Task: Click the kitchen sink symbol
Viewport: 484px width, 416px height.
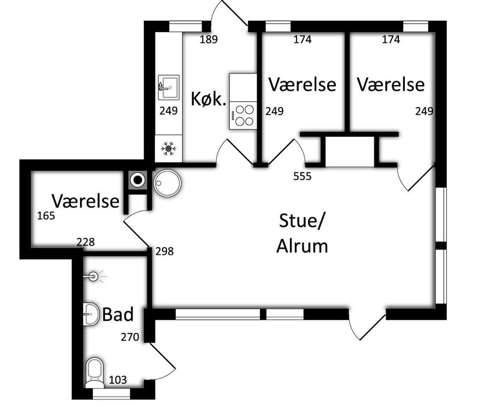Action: click(168, 87)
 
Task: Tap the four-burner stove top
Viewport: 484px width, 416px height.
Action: click(243, 115)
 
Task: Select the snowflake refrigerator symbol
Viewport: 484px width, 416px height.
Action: click(168, 149)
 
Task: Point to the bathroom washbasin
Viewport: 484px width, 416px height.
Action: click(91, 314)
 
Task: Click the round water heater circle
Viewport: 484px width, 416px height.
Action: click(167, 183)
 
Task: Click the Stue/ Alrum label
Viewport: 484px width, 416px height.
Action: click(302, 234)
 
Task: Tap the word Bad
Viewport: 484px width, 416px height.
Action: click(117, 314)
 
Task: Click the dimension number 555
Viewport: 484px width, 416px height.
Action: click(302, 176)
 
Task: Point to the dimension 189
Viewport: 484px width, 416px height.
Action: click(209, 39)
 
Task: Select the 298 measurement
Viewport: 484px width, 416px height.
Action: click(164, 251)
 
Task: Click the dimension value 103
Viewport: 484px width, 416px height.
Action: click(117, 380)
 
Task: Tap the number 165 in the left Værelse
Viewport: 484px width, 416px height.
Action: click(46, 216)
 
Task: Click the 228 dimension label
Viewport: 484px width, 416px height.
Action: click(86, 242)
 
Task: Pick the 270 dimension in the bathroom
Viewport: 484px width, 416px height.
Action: click(130, 337)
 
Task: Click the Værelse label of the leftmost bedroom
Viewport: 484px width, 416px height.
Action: click(86, 201)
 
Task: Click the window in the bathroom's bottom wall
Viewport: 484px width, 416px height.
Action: click(111, 393)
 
